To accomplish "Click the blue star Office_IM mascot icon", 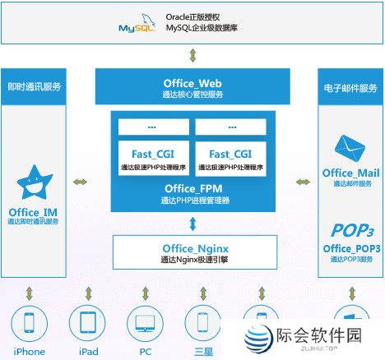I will click(x=35, y=184).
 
